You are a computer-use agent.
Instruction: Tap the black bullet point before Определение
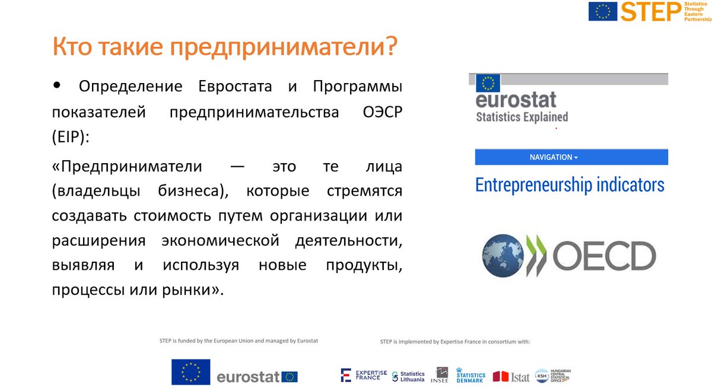pos(57,85)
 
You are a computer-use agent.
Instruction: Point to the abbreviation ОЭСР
pos(380,113)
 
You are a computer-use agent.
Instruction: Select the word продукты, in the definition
pos(364,265)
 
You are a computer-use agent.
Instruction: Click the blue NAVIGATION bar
pos(571,157)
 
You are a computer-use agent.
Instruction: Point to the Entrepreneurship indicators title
pos(570,185)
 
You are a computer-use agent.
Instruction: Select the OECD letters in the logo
pos(604,256)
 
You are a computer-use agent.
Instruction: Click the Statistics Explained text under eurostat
pos(522,117)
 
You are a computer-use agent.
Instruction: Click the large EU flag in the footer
pos(190,372)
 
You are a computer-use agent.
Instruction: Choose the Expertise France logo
pos(364,375)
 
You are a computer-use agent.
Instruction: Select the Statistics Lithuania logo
pos(409,376)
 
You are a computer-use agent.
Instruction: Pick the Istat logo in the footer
pos(511,376)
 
